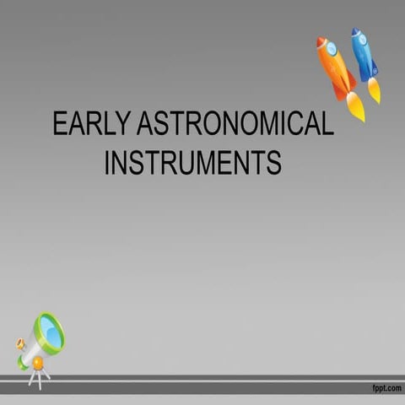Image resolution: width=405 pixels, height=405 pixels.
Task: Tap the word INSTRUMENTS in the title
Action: click(192, 162)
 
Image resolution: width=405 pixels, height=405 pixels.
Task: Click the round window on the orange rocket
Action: click(332, 50)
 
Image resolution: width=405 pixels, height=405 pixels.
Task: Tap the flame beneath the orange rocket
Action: click(355, 107)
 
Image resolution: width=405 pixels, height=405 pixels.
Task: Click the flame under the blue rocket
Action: click(374, 90)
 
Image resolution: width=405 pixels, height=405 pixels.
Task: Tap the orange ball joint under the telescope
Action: click(37, 362)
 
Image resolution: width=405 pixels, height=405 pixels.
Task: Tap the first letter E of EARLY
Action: click(59, 125)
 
